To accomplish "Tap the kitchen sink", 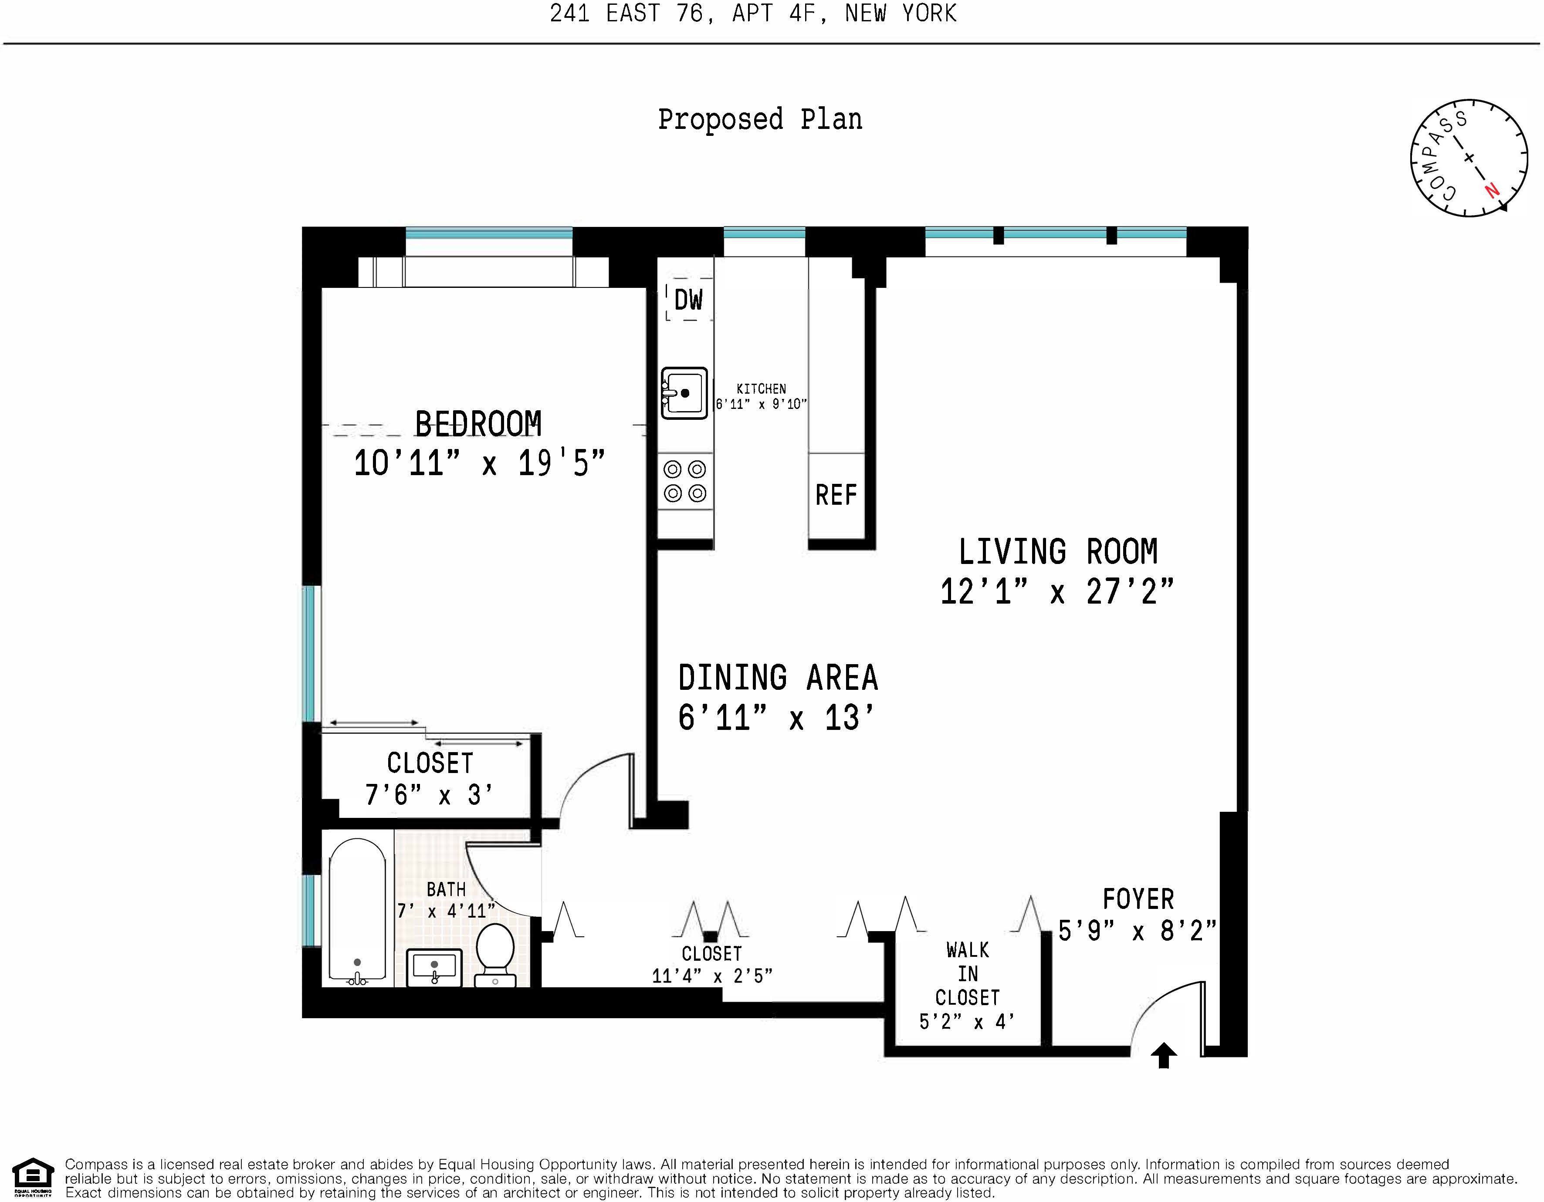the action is tap(684, 393).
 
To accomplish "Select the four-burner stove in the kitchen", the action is tap(685, 481).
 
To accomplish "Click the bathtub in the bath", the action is tap(358, 912).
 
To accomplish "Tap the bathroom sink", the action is tap(434, 967).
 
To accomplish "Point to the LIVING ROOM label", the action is tap(1058, 552).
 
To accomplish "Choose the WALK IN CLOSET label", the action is tap(967, 974).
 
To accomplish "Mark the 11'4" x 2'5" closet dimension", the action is tap(712, 976).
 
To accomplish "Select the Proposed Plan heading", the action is tap(760, 119).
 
